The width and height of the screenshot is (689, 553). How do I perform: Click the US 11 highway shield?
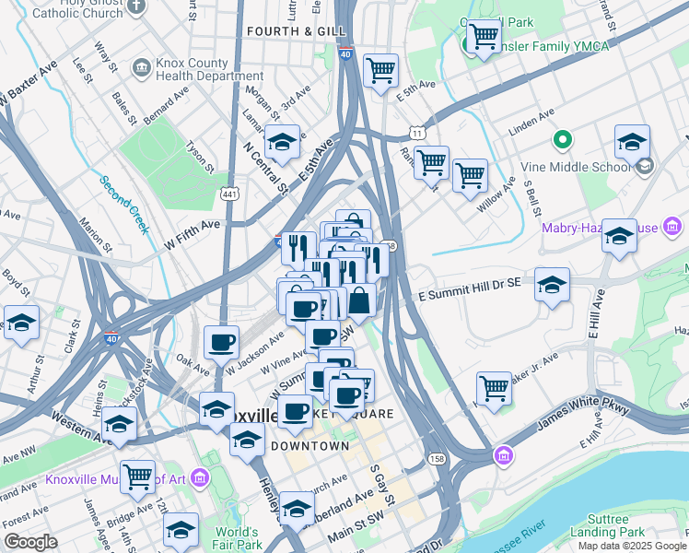coord(418,135)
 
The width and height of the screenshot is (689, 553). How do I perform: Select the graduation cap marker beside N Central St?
coord(283,142)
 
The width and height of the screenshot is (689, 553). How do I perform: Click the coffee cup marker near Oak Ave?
coord(221,342)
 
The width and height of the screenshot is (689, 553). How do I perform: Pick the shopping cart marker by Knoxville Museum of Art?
coord(137,477)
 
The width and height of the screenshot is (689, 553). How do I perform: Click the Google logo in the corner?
coord(30,543)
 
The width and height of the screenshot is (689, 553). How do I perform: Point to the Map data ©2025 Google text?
coord(633,546)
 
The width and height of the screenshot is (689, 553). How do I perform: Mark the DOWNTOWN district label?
coord(309,446)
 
